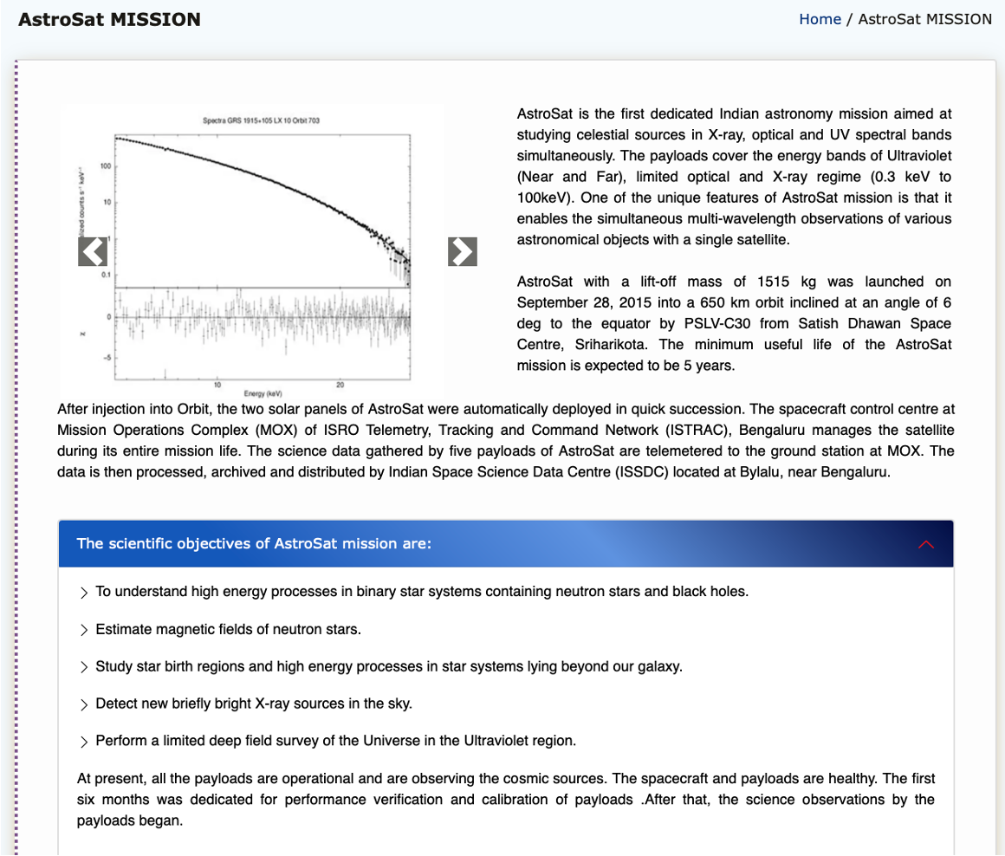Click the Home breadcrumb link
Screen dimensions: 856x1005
pos(820,19)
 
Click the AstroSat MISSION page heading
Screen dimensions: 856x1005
pos(109,19)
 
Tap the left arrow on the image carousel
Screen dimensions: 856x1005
pos(93,251)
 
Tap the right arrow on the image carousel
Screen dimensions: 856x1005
pos(463,251)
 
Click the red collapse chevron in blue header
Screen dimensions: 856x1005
pos(926,544)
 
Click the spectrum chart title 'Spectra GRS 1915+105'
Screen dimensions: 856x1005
pos(261,120)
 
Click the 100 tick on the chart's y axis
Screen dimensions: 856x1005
pos(105,165)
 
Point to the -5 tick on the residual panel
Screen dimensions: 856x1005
pos(107,358)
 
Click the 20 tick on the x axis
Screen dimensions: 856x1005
pos(340,384)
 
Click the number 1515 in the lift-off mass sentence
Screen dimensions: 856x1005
pos(775,282)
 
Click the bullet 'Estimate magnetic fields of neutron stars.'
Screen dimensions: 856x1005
pos(228,629)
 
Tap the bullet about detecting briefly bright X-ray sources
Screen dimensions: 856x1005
pos(253,704)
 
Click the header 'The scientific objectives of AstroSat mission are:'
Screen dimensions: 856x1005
pos(254,543)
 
